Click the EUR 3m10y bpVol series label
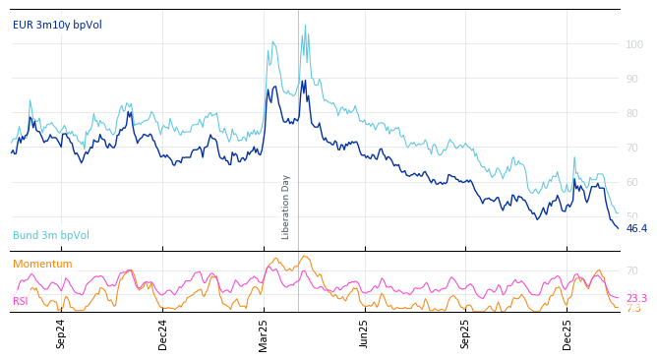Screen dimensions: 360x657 [x=57, y=25]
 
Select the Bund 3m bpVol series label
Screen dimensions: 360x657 [x=51, y=235]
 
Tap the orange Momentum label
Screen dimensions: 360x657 [x=42, y=264]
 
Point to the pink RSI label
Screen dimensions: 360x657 [x=20, y=301]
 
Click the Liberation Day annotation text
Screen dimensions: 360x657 [x=286, y=207]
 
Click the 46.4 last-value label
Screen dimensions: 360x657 [x=636, y=228]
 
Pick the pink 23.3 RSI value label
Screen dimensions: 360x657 [x=636, y=298]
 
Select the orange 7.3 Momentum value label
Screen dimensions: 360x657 [x=633, y=309]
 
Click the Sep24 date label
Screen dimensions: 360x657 [x=61, y=333]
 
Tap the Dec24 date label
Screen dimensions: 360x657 [x=163, y=333]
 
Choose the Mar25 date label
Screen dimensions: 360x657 [x=264, y=333]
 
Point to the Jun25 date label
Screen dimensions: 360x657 [x=365, y=333]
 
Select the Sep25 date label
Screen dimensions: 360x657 [x=466, y=333]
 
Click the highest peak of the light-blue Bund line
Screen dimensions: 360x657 [x=305, y=26]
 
